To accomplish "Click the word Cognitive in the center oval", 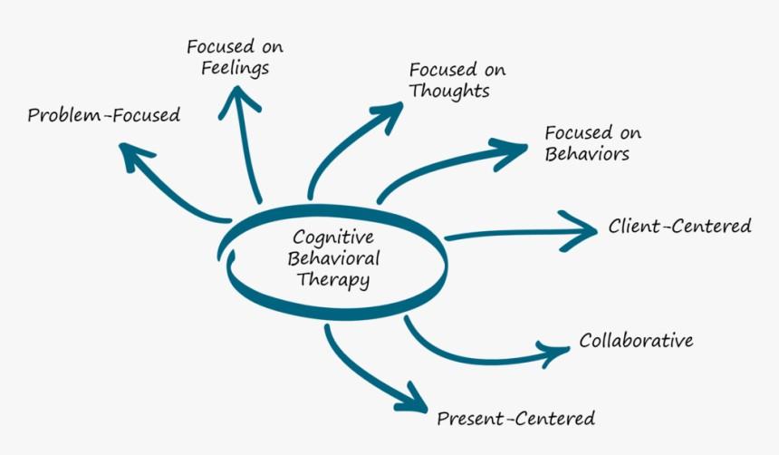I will click(x=333, y=237).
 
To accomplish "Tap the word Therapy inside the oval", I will click(x=333, y=280).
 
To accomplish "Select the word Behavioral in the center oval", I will click(x=333, y=258).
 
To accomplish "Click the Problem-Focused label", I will click(x=103, y=116).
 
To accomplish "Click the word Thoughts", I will click(x=449, y=92).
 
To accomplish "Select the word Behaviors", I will click(x=587, y=154).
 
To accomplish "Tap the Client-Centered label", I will click(x=679, y=226).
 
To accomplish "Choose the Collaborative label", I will click(x=636, y=342).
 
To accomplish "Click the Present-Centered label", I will click(x=515, y=419).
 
